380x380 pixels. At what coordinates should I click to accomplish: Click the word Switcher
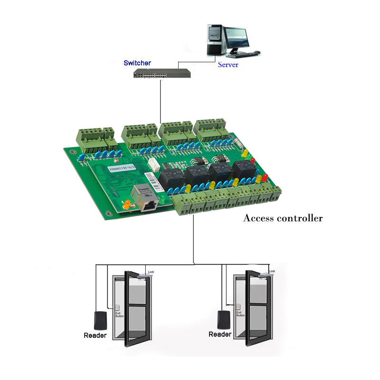pos(137,63)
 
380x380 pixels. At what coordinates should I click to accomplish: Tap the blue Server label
pos(228,65)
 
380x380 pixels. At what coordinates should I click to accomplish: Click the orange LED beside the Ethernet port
pos(127,205)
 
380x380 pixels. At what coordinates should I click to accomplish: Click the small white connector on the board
pos(153,164)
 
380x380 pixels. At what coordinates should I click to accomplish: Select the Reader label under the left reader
pos(95,335)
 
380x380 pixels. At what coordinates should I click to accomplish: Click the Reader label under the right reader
pos(220,334)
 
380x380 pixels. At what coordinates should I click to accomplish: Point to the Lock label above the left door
pos(152,272)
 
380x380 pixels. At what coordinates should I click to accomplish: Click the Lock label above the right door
pos(272,271)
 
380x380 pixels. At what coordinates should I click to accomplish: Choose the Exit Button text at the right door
pos(240,313)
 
